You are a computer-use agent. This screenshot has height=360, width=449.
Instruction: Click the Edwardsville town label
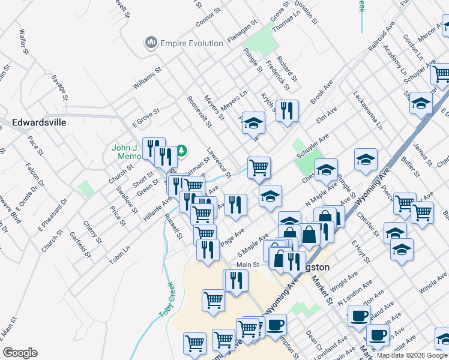pyautogui.click(x=39, y=122)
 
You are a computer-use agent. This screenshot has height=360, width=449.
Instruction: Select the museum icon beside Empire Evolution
pyautogui.click(x=150, y=43)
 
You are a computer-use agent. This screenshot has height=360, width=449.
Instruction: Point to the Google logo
pyautogui.click(x=20, y=353)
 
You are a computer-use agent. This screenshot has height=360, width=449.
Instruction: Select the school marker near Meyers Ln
pyautogui.click(x=253, y=122)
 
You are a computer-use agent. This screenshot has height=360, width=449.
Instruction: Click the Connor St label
pyautogui.click(x=209, y=19)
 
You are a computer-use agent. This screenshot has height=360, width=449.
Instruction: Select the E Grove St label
pyautogui.click(x=146, y=117)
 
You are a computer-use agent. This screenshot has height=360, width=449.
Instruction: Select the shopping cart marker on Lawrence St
pyautogui.click(x=259, y=167)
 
